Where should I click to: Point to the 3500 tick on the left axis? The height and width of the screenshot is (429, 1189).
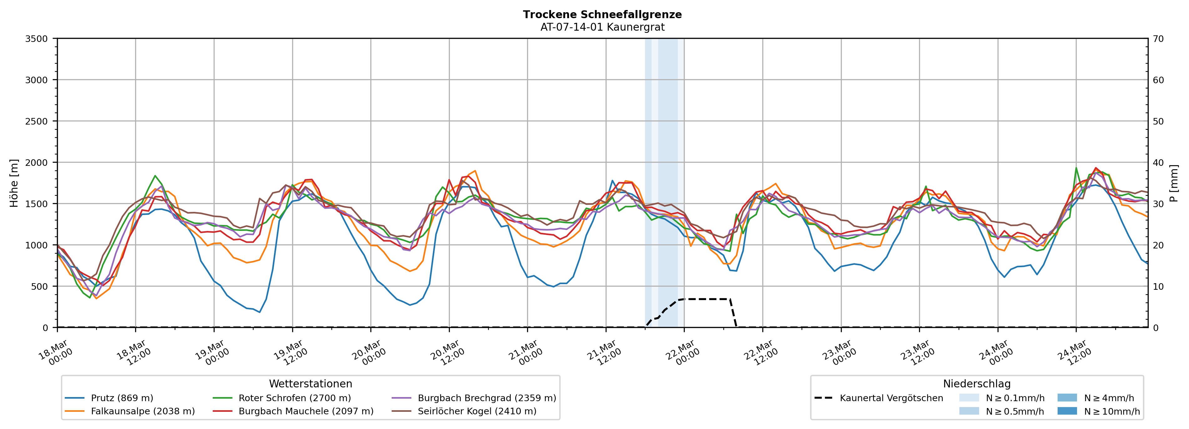tap(37, 39)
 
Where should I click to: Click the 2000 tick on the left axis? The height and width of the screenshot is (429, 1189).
tap(37, 162)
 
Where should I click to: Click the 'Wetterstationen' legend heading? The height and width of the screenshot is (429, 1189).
tap(310, 384)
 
